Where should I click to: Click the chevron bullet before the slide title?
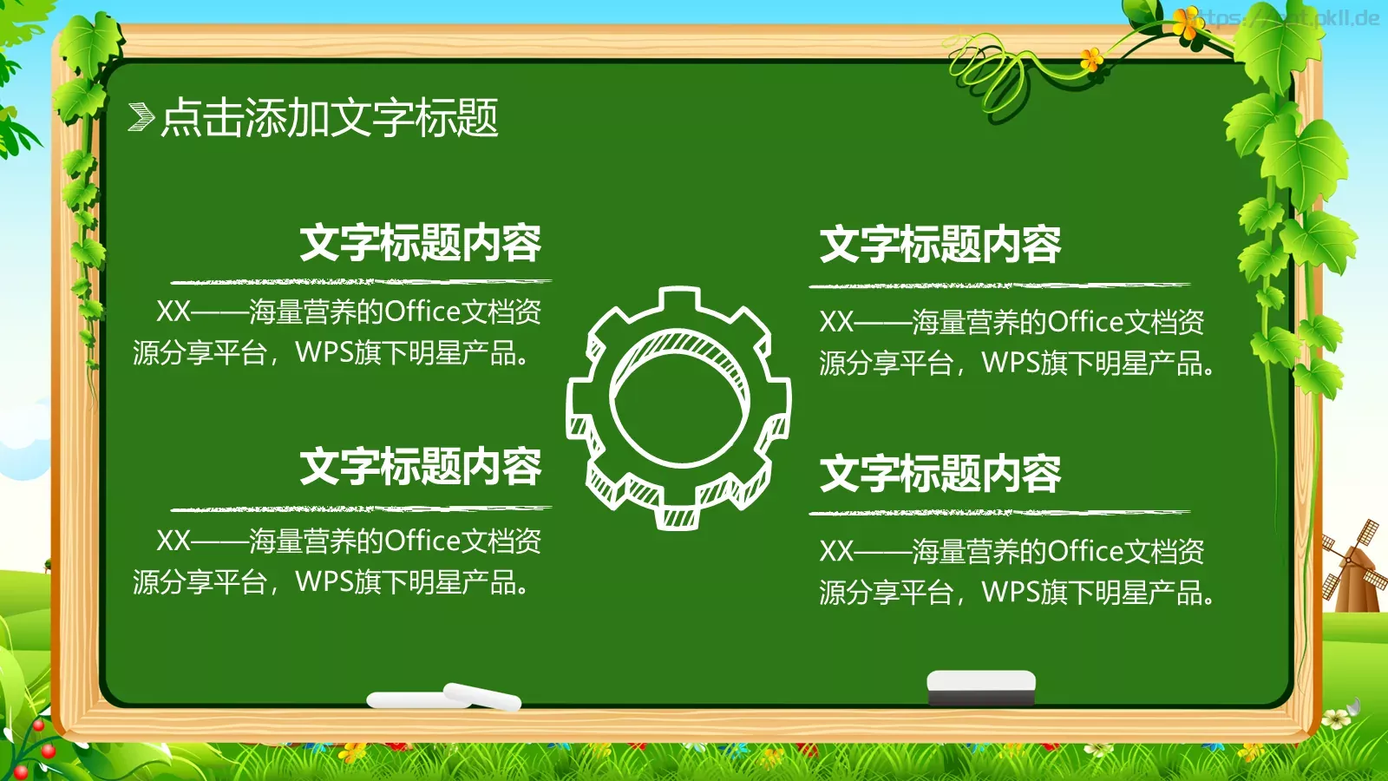click(141, 117)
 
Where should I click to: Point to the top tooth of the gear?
click(679, 299)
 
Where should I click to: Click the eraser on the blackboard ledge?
click(981, 686)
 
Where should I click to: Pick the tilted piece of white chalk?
click(483, 696)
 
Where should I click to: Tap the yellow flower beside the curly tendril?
click(1091, 59)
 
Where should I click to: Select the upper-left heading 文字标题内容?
click(421, 243)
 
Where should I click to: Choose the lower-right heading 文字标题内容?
click(940, 474)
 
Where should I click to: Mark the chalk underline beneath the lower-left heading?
click(360, 509)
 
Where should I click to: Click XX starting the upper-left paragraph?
click(173, 312)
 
